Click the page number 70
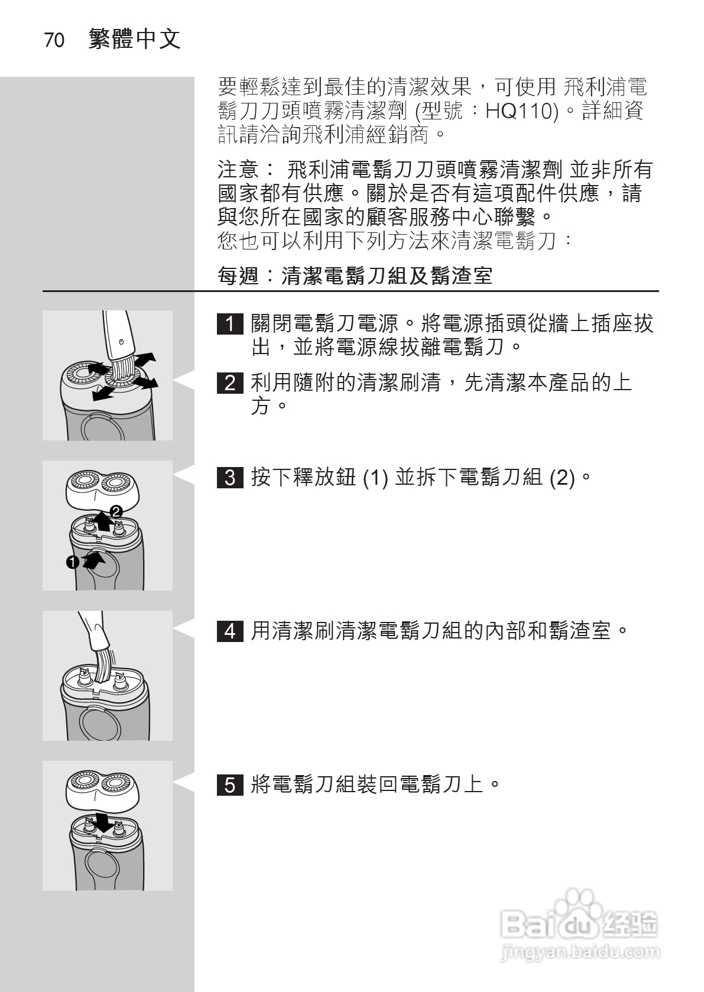54,41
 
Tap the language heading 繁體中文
134,40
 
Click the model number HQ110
521,111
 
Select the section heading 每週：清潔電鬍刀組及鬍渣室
355,275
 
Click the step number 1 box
230,324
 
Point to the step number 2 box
230,383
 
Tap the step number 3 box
230,477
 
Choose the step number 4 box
230,631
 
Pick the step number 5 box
230,785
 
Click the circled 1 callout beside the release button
72,562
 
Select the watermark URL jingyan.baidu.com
579,952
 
